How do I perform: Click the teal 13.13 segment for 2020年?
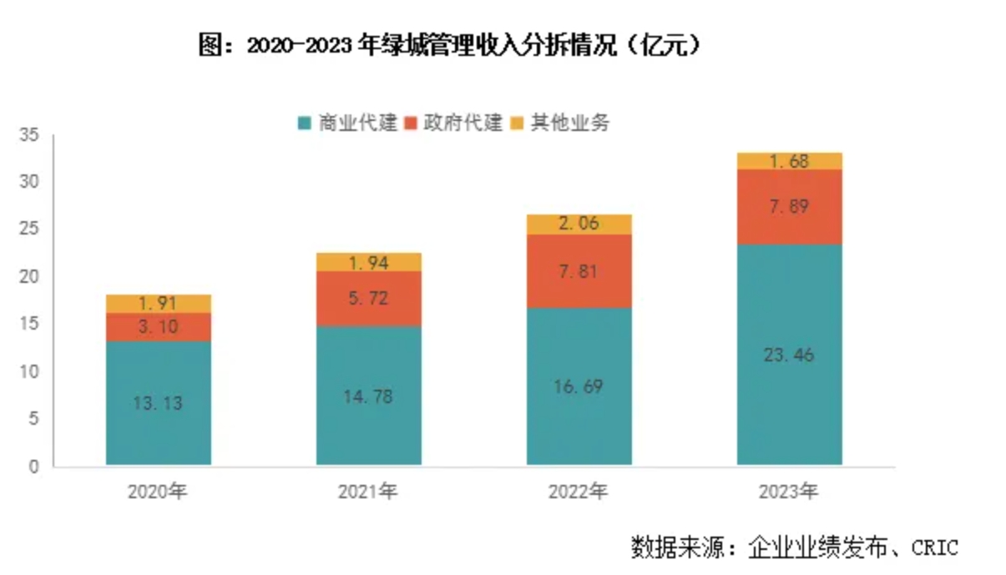point(159,402)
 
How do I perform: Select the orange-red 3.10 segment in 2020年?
point(159,327)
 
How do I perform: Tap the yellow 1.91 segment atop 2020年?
point(159,304)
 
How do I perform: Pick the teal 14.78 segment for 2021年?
point(369,395)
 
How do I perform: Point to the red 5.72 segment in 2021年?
point(369,298)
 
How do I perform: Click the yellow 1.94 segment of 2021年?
point(369,262)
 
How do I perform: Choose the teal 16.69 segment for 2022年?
point(579,386)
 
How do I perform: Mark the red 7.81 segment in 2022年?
point(579,270)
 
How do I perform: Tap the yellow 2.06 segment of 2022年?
point(579,224)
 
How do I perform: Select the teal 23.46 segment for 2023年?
point(790,354)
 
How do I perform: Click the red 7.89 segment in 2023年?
point(790,206)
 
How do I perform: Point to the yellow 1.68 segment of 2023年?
point(790,161)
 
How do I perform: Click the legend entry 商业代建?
point(347,124)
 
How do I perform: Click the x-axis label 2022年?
point(579,492)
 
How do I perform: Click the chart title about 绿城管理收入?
point(450,45)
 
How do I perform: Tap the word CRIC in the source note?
point(934,547)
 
